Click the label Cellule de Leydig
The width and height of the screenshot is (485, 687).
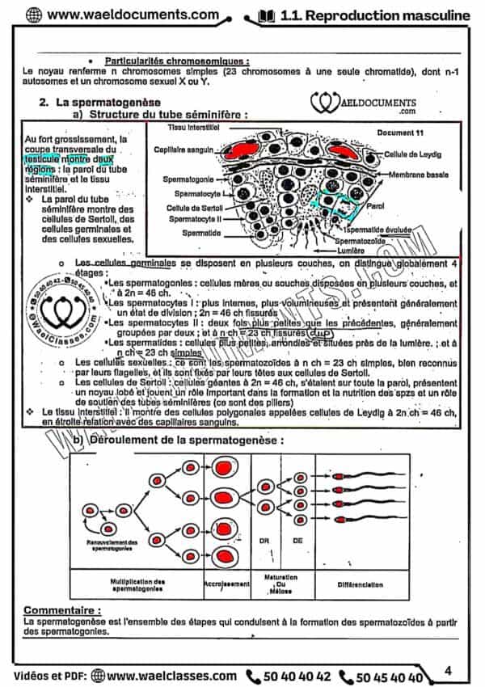[x=414, y=153]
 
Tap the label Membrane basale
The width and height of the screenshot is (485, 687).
[x=417, y=175]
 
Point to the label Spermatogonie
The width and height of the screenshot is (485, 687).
[x=190, y=178]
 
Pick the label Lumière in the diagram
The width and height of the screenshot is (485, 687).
[x=351, y=251]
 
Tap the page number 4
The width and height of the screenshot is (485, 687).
[x=449, y=669]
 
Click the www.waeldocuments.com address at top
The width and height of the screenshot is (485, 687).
[x=126, y=15]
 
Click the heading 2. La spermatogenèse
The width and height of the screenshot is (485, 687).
[x=104, y=103]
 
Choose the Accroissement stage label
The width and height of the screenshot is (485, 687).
[x=224, y=584]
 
